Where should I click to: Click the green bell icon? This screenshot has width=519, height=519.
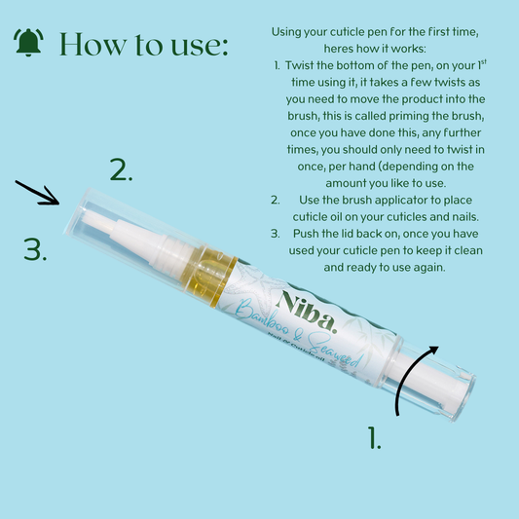[x=28, y=43]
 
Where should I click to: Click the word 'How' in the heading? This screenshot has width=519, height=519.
[x=93, y=45]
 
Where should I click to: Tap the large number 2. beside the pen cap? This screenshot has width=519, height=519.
[x=121, y=169]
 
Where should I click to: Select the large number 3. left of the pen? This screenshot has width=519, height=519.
[x=35, y=249]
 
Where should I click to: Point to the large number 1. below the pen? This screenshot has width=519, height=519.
[x=374, y=437]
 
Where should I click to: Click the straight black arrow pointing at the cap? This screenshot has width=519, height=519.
[x=37, y=193]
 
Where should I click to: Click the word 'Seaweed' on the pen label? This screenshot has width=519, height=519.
[x=335, y=352]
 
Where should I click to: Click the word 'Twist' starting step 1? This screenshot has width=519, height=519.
[x=299, y=65]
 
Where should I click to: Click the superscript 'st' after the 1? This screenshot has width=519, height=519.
[x=484, y=62]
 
